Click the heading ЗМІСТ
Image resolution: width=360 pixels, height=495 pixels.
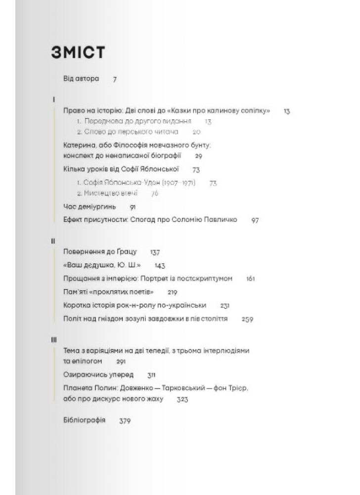[78, 52]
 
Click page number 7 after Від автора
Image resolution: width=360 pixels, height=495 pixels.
[114, 79]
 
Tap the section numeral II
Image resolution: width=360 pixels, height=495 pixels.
[53, 241]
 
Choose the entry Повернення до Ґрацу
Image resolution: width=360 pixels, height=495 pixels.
[100, 251]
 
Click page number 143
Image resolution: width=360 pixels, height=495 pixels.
[159, 265]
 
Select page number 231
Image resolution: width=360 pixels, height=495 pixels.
[225, 305]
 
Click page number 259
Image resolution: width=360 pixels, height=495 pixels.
[247, 319]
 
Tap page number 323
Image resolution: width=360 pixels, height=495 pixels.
[182, 399]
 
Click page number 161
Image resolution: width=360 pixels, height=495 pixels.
[250, 279]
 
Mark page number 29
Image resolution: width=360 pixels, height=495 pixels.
[198, 156]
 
